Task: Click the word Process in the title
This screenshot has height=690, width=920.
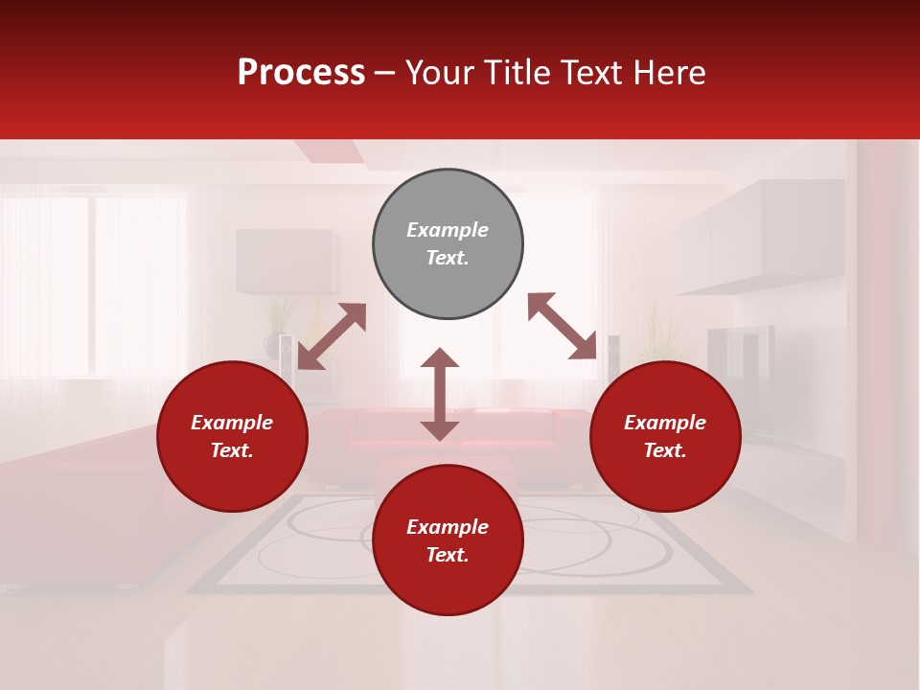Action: (x=301, y=73)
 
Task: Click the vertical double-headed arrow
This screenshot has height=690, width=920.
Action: (x=440, y=394)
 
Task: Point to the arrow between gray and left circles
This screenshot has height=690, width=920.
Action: (x=332, y=336)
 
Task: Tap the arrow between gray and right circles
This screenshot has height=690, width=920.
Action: (x=562, y=326)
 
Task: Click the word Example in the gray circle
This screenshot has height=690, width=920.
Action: (x=448, y=230)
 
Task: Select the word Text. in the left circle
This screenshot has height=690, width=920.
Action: (x=232, y=450)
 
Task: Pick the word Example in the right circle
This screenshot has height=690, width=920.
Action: (x=665, y=423)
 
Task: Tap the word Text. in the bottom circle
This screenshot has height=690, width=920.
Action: (x=448, y=555)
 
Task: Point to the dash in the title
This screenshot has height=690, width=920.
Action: (x=384, y=74)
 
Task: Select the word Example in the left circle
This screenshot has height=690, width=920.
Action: (x=232, y=423)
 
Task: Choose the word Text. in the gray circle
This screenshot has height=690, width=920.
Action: (x=448, y=258)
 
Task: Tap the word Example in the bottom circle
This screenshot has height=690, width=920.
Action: (x=448, y=527)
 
